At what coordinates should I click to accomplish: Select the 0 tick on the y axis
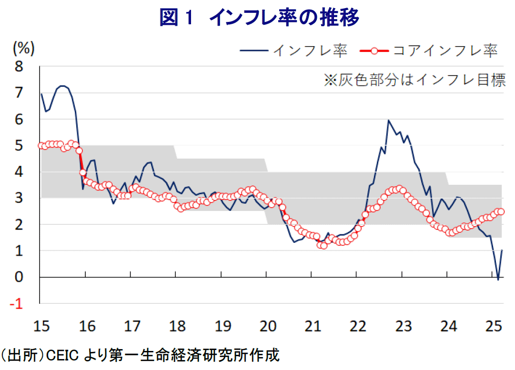point(20,277)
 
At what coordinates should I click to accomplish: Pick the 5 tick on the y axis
point(20,146)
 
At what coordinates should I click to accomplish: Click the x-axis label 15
point(41,327)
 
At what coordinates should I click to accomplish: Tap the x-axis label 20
point(267,327)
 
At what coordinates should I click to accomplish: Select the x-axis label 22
point(358,327)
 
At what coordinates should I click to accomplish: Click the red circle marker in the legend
point(375,51)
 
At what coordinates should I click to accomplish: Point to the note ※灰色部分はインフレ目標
point(414,80)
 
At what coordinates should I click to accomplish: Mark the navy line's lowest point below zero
point(498,280)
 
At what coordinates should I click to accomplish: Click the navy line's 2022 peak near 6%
point(389,120)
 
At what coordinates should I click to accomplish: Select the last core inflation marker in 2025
point(501,212)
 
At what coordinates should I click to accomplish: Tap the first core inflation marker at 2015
point(41,145)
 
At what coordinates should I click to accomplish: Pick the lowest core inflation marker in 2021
point(324,246)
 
